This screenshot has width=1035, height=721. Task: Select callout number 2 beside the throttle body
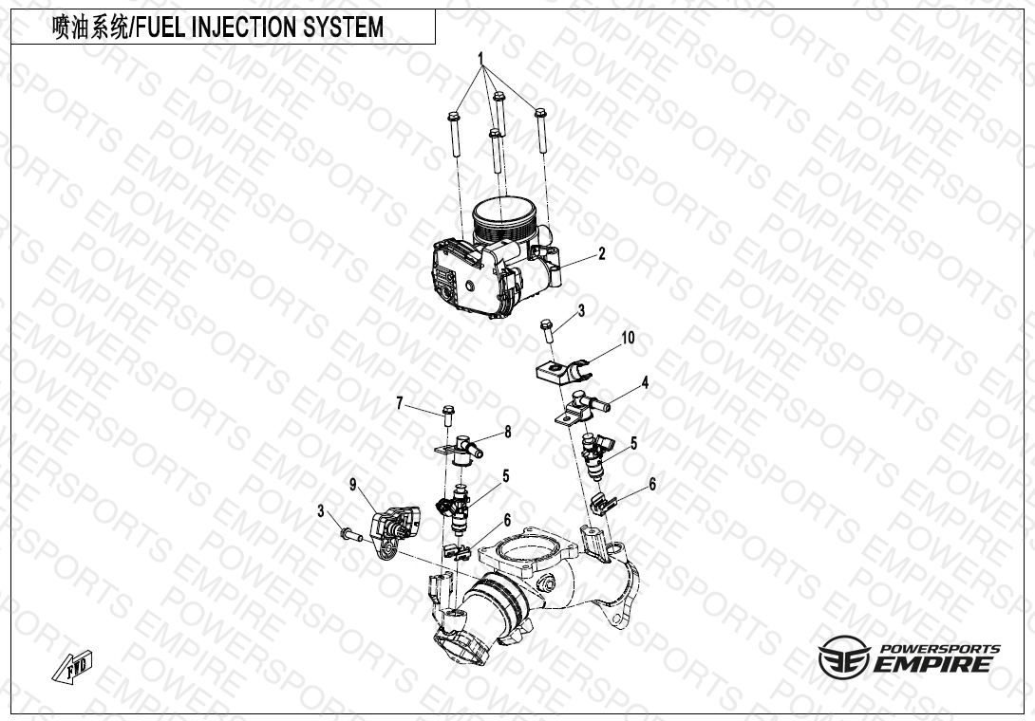click(601, 253)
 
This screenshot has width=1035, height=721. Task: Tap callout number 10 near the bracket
click(628, 338)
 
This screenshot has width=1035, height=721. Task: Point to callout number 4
click(645, 382)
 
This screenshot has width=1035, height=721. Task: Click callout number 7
click(400, 403)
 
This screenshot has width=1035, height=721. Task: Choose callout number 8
click(508, 432)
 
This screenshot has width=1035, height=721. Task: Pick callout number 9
click(353, 485)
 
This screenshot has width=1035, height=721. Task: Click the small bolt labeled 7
click(448, 416)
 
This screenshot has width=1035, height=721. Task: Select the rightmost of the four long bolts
click(541, 131)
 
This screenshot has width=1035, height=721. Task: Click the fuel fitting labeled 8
click(461, 450)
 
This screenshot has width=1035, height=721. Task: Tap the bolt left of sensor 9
click(348, 533)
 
